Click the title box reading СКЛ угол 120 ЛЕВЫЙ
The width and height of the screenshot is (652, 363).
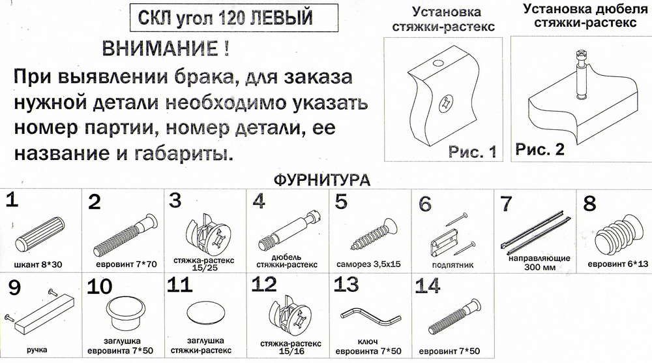[233, 18]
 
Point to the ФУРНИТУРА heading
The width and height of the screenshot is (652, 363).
[321, 180]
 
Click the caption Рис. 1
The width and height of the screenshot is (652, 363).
[472, 151]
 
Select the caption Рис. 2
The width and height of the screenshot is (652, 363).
[540, 149]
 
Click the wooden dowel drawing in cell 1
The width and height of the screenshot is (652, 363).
[40, 234]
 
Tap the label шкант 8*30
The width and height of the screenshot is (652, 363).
[38, 265]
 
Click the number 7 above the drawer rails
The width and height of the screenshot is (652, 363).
[506, 204]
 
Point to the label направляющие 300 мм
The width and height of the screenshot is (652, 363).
[539, 262]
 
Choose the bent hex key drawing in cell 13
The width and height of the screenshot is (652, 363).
[369, 317]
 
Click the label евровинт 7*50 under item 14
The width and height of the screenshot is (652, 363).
[449, 351]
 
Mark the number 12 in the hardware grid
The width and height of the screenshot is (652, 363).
[264, 285]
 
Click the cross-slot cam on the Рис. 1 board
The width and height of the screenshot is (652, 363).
[446, 103]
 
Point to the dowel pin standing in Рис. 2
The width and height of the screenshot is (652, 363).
[580, 73]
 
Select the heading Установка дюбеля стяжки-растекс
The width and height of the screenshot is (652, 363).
[585, 16]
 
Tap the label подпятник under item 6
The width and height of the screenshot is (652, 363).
[452, 265]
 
